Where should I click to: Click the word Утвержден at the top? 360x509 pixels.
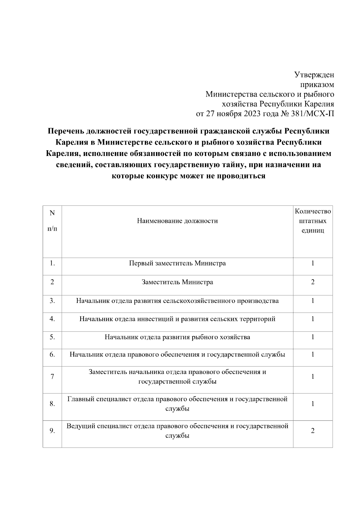(314, 75)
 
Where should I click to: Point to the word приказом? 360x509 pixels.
(319, 85)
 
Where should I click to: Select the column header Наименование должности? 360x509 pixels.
(177, 221)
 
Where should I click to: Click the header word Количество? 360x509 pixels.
(313, 211)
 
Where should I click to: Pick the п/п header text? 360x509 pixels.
(52, 229)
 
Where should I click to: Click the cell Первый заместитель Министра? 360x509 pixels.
(177, 263)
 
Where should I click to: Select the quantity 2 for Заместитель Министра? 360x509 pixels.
(313, 282)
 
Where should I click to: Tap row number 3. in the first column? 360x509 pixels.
(52, 301)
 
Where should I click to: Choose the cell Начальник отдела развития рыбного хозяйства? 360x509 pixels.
(177, 337)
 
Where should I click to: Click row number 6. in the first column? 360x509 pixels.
(52, 355)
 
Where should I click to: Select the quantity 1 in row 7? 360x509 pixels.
(313, 377)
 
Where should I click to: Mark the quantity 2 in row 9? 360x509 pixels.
(313, 431)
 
